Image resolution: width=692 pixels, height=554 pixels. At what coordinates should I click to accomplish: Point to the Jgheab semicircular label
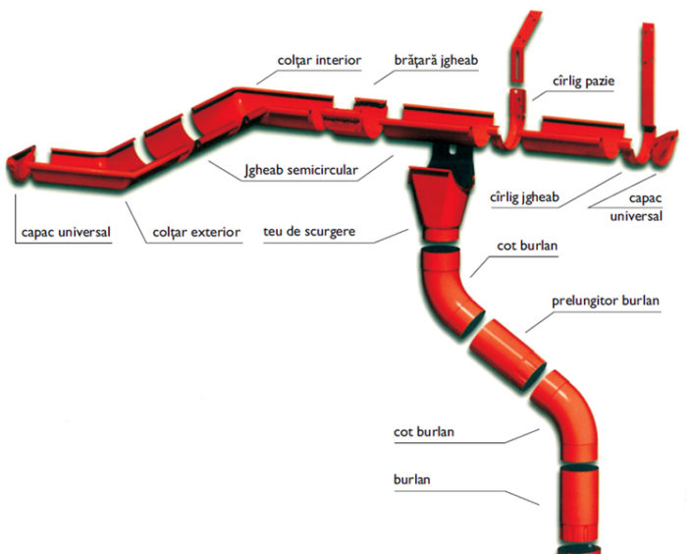point(301,169)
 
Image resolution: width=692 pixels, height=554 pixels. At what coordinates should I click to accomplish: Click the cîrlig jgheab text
point(524,198)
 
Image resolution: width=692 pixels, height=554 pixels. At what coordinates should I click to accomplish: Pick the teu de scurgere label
point(309,233)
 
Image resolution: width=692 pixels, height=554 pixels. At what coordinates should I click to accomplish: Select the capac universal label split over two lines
point(639,207)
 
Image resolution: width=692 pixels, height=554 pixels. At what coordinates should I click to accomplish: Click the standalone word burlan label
point(410,480)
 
